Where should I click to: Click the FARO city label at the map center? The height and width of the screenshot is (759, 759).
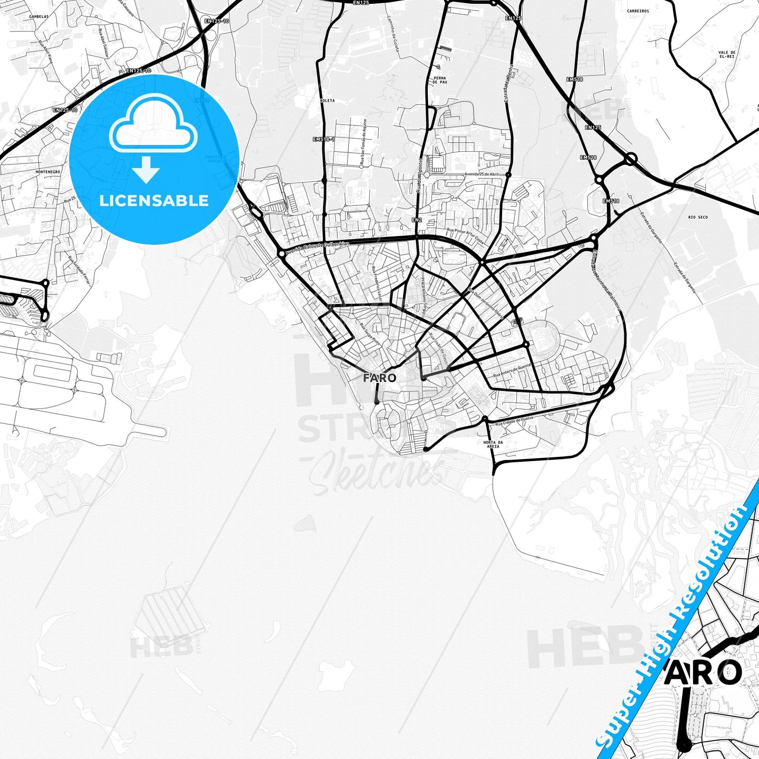coord(379,378)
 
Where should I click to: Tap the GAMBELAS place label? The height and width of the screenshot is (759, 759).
coord(39,16)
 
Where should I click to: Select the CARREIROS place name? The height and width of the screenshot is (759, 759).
coord(638,11)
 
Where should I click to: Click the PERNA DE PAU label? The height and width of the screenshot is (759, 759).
coord(440,80)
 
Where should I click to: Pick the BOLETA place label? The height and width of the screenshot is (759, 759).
coord(327,100)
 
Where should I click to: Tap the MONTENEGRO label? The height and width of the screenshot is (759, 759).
coord(48,172)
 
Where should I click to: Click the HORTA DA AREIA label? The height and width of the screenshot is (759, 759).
coord(493,444)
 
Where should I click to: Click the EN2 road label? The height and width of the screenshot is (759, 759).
coord(417,220)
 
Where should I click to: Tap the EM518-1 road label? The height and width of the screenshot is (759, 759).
coord(323,139)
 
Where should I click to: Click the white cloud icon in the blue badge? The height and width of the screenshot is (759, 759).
coord(153,124)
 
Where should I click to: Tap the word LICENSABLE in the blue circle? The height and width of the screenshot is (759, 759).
coord(154,201)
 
